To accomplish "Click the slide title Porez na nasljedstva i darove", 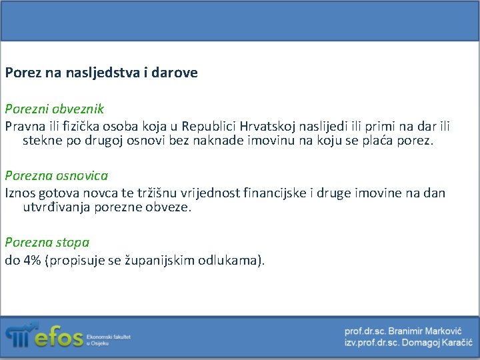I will pos(101,73).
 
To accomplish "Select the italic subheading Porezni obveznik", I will pos(55,108).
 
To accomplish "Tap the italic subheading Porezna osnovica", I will pos(57,175).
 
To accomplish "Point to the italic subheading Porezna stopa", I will pos(47,243).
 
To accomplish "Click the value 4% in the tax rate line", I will pos(32,261).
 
